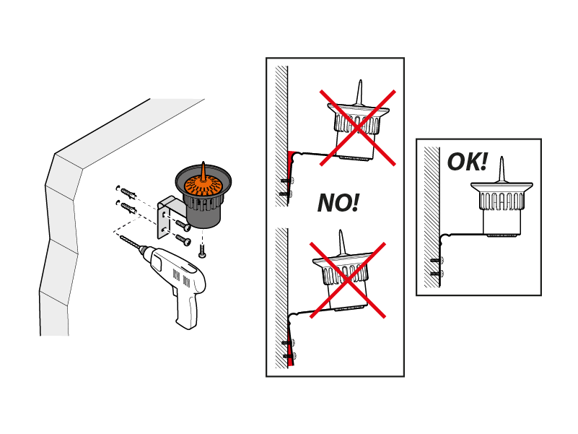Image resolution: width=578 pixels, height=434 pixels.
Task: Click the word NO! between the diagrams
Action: point(338,203)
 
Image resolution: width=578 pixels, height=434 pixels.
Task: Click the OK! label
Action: point(467,162)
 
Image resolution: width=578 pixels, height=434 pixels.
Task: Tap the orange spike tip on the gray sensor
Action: point(203,165)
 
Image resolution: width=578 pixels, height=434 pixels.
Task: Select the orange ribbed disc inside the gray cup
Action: point(203,185)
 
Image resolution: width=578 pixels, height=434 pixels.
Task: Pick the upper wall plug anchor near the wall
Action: point(128,193)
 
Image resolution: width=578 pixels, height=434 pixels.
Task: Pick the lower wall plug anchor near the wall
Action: point(128,208)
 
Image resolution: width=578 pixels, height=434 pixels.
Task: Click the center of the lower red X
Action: point(348,279)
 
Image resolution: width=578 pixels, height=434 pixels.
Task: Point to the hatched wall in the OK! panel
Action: point(432,217)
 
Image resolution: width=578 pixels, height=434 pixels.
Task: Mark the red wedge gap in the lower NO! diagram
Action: point(291,355)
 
